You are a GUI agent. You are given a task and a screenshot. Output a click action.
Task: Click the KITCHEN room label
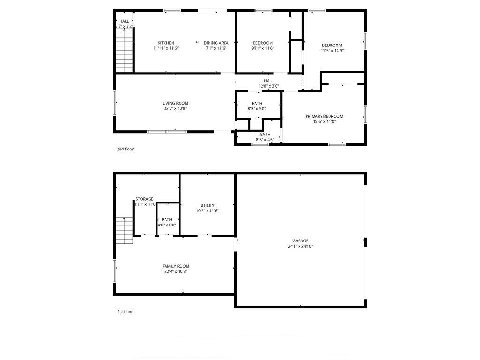[166, 43]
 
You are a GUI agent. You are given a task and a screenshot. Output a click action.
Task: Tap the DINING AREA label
[216, 43]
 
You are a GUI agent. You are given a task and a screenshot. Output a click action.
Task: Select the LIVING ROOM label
[175, 103]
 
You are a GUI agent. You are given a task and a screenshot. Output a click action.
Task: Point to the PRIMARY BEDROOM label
[324, 116]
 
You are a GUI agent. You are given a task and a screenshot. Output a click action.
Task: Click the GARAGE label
[300, 241]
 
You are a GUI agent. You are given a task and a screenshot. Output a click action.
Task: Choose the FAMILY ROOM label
[176, 266]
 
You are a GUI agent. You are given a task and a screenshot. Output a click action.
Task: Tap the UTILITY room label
[208, 205]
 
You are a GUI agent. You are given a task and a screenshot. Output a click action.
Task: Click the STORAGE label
[144, 199]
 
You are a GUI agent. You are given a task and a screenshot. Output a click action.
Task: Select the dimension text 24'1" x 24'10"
[300, 246]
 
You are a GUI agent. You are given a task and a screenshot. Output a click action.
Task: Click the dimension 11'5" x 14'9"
[332, 51]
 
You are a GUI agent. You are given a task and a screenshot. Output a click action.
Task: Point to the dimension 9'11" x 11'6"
[262, 48]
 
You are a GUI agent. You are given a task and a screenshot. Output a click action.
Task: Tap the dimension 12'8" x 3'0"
[269, 86]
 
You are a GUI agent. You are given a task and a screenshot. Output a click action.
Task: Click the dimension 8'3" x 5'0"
[257, 108]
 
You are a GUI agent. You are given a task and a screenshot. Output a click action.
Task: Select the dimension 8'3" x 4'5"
[265, 140]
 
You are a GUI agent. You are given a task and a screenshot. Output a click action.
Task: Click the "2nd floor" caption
[125, 149]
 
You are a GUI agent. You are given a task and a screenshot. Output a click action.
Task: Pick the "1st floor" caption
[125, 312]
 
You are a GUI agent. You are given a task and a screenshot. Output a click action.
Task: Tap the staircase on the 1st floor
[124, 230]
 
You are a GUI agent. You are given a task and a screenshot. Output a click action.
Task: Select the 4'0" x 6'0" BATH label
[167, 223]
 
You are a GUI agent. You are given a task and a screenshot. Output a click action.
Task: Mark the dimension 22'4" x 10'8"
[176, 271]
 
